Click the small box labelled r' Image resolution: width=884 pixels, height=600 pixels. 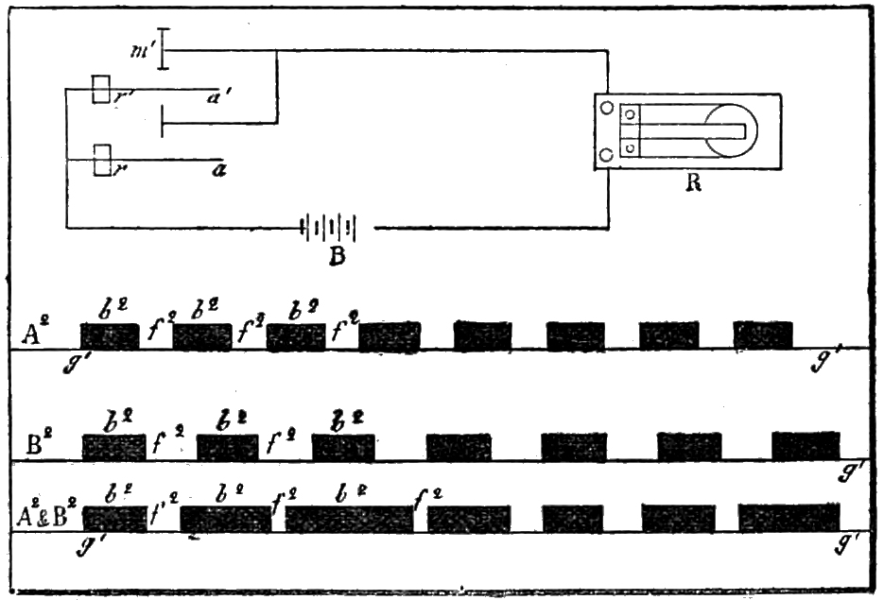pyautogui.click(x=103, y=92)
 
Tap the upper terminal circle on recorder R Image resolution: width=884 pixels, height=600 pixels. pyautogui.click(x=605, y=109)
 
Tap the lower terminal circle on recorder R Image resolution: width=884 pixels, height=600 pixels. pyautogui.click(x=605, y=155)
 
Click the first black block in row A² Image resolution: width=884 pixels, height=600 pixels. pyautogui.click(x=109, y=336)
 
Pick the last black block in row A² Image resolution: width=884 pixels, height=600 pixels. pyautogui.click(x=763, y=334)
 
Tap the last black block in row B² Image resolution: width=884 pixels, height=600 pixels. pyautogui.click(x=806, y=446)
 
